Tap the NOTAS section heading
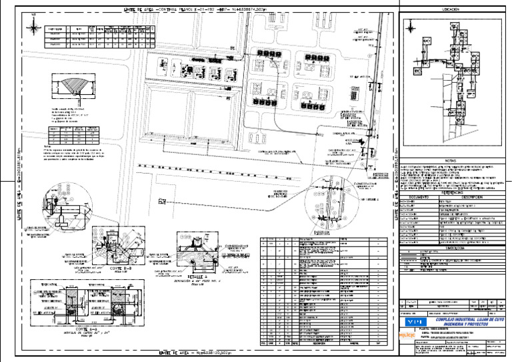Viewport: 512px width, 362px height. pyautogui.click(x=450, y=161)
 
